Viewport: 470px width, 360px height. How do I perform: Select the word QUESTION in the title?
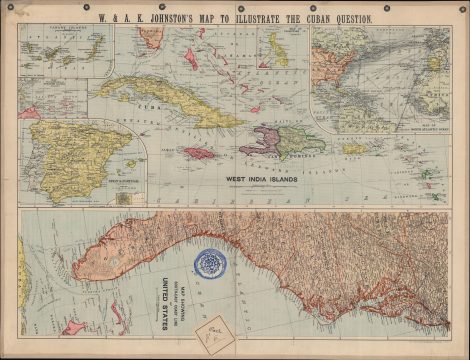(345, 17)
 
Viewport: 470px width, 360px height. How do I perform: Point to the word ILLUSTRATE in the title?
(249, 17)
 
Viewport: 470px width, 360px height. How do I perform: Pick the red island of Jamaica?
(200, 153)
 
